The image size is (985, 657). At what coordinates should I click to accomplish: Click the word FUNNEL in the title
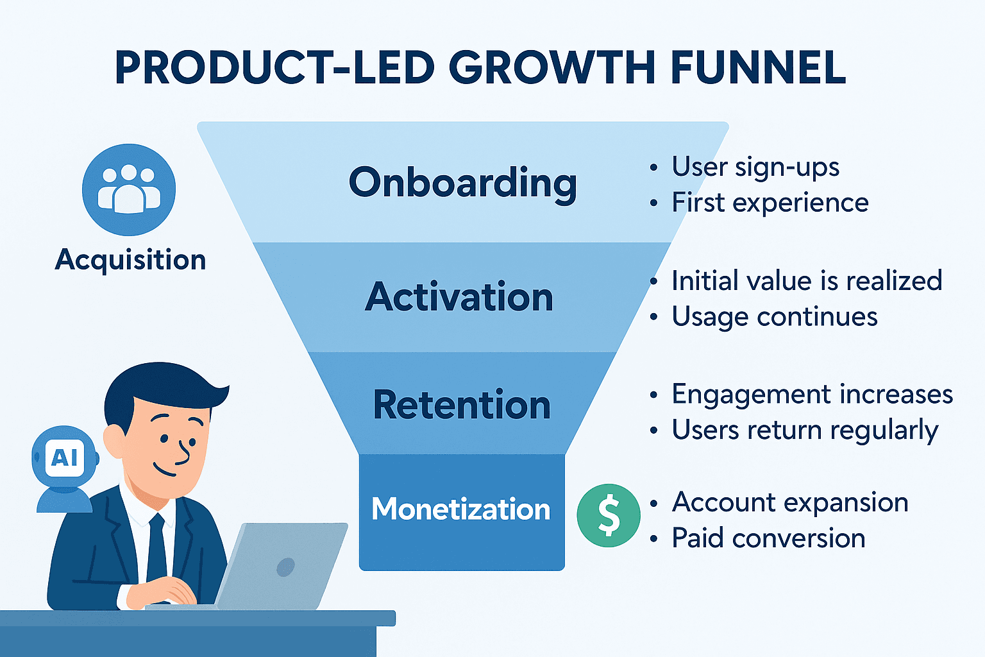click(757, 67)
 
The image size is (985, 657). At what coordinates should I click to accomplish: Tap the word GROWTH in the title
click(552, 67)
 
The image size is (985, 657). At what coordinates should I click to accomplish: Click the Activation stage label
click(459, 296)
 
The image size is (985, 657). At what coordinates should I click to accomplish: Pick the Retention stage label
click(462, 404)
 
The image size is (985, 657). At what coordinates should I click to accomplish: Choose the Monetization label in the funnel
click(461, 509)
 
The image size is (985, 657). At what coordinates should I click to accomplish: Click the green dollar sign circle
click(609, 515)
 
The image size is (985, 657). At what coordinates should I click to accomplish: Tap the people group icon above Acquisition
click(129, 190)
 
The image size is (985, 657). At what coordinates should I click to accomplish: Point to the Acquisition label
click(131, 260)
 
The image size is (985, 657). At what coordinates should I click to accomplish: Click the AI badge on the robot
click(65, 457)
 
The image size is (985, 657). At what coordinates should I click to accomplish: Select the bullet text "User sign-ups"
click(755, 167)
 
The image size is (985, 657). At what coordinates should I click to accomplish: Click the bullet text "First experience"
click(770, 203)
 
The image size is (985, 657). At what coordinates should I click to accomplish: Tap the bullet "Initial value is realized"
click(807, 281)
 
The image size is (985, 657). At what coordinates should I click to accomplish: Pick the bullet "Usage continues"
click(775, 317)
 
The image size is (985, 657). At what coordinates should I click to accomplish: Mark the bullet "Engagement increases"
click(812, 395)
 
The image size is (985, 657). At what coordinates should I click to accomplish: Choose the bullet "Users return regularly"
click(805, 431)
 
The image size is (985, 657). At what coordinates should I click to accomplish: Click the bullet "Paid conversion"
click(768, 539)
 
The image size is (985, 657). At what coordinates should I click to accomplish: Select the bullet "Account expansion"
click(790, 502)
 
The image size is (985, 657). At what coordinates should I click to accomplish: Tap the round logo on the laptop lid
click(285, 567)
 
